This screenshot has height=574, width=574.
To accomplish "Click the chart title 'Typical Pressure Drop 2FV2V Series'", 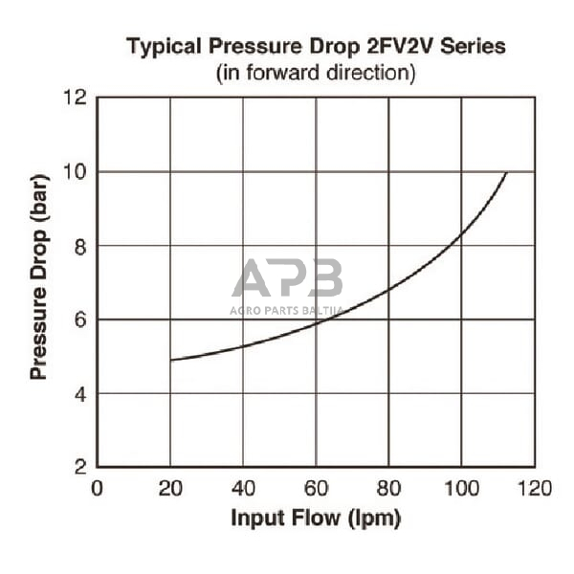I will pyautogui.click(x=316, y=46).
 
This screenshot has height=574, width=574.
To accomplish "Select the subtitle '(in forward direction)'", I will pyautogui.click(x=316, y=73).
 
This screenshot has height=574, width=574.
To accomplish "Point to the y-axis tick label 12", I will pyautogui.click(x=77, y=98).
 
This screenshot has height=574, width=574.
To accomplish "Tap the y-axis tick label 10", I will pyautogui.click(x=77, y=172).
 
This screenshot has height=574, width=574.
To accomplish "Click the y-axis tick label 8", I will pyautogui.click(x=81, y=246).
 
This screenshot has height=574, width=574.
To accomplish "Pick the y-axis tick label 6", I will pyautogui.click(x=81, y=320).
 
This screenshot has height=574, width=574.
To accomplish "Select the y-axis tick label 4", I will pyautogui.click(x=81, y=393).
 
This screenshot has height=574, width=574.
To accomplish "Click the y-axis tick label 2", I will pyautogui.click(x=81, y=467).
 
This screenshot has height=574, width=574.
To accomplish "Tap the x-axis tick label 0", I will pyautogui.click(x=97, y=489).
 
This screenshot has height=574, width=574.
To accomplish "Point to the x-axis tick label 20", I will pyautogui.click(x=170, y=489).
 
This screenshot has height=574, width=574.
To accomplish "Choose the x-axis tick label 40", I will pyautogui.click(x=243, y=489).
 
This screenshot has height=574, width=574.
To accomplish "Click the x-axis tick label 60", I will pyautogui.click(x=316, y=489).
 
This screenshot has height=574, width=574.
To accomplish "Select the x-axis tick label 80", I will pyautogui.click(x=389, y=489).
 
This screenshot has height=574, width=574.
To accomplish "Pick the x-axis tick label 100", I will pyautogui.click(x=462, y=489).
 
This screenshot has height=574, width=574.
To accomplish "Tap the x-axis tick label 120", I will pyautogui.click(x=535, y=489).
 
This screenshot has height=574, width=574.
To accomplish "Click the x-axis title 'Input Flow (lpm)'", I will pyautogui.click(x=315, y=519).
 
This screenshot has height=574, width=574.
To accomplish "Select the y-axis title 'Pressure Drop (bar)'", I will pyautogui.click(x=38, y=283).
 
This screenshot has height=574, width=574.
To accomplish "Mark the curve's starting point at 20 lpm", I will pyautogui.click(x=170, y=360).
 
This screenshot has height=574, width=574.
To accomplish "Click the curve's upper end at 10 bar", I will pyautogui.click(x=506, y=173).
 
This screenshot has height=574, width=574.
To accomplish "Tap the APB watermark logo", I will pyautogui.click(x=287, y=279).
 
